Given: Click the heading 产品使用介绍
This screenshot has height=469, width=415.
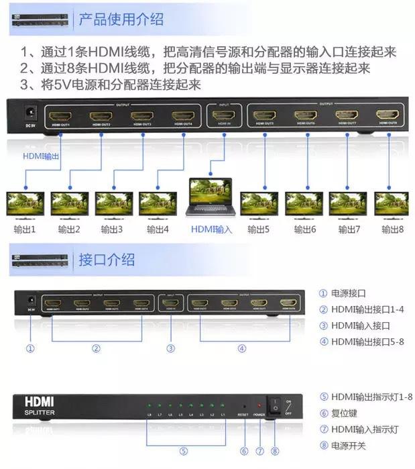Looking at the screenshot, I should point(121,18).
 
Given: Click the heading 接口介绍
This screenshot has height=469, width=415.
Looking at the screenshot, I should point(107,260).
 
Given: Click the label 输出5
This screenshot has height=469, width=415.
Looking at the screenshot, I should point(258,229).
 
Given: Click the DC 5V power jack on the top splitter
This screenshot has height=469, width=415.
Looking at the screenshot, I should point(30,113).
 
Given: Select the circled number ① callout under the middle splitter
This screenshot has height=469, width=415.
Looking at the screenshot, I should point(29,348).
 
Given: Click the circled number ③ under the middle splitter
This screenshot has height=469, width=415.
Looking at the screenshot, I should point(171,348).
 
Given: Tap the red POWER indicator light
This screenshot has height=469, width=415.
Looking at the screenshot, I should point(259,407).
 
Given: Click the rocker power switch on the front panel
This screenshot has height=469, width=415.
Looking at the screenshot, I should point(274,406).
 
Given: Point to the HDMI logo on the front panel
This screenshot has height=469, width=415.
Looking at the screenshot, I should point(40,401).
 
